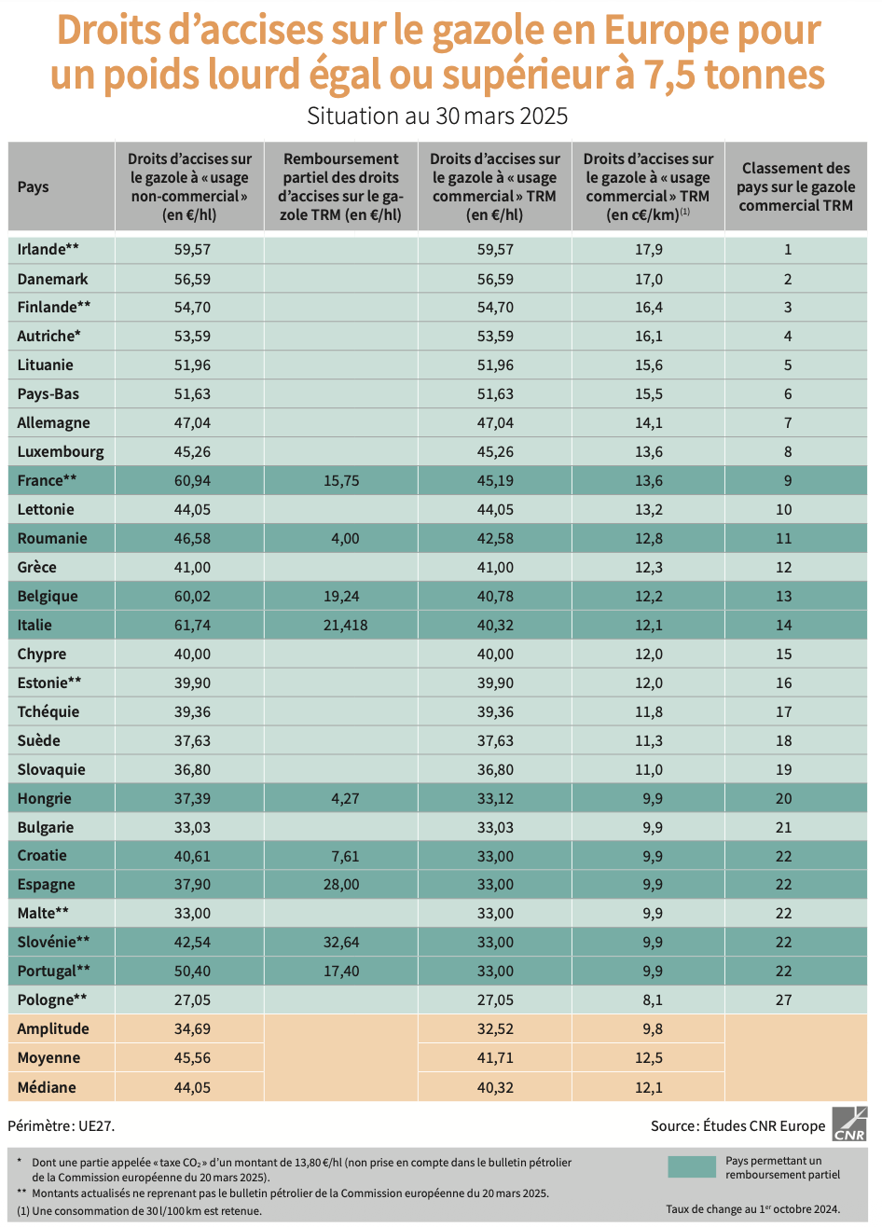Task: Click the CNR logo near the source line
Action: click(849, 1124)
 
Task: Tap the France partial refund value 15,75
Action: click(341, 481)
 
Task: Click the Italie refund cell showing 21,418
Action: click(345, 626)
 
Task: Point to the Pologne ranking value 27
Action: click(784, 1000)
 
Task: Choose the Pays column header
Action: click(34, 186)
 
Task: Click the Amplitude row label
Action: click(53, 1029)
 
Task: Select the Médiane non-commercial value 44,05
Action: click(192, 1087)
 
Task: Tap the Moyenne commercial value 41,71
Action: click(495, 1058)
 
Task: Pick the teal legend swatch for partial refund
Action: click(691, 1167)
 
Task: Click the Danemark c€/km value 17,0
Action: click(649, 279)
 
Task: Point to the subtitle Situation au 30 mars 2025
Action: click(437, 117)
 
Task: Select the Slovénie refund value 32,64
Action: click(341, 943)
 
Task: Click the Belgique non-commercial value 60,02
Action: click(192, 597)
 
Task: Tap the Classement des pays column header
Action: click(796, 186)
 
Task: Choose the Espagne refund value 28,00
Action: click(341, 885)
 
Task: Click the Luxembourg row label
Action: click(61, 452)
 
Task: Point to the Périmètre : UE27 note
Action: click(62, 1125)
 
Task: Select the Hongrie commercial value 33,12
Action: click(495, 799)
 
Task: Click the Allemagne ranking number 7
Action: click(788, 423)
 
